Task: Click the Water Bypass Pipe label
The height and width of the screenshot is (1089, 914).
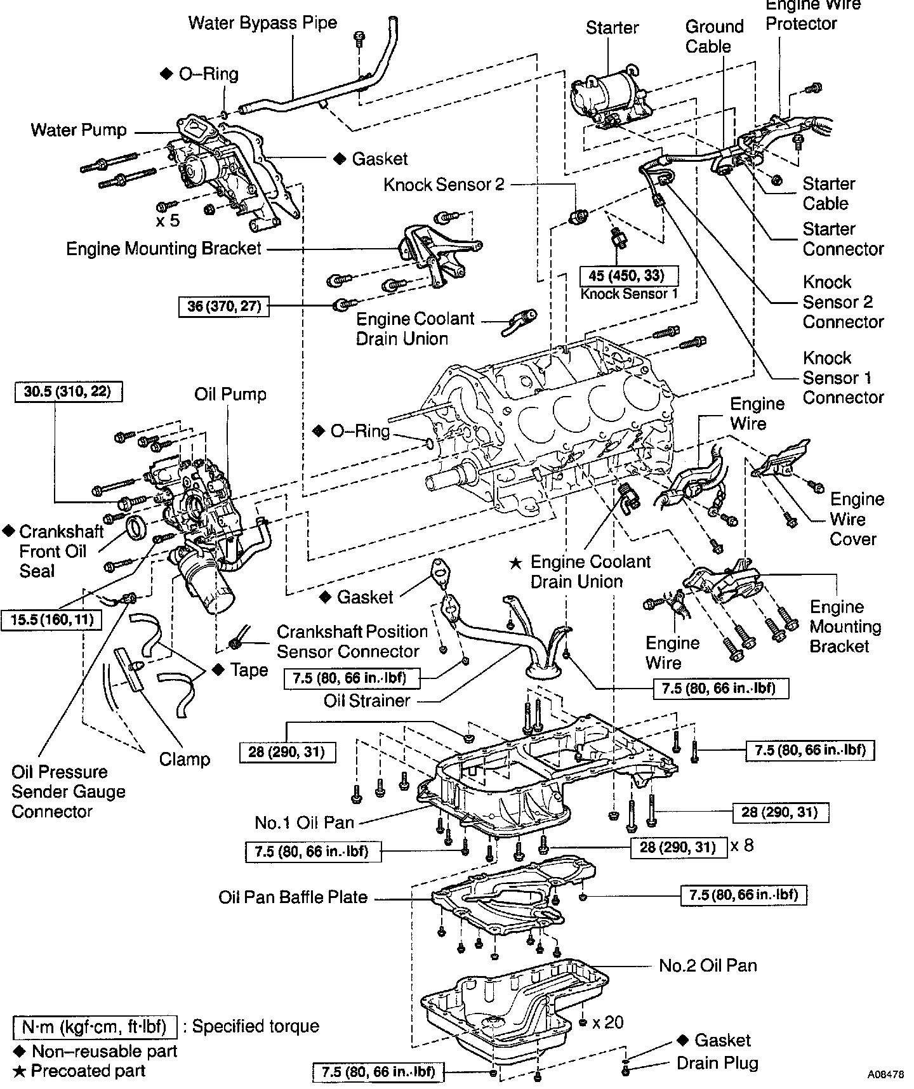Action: tap(263, 23)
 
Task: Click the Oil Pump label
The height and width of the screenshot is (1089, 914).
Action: tap(230, 394)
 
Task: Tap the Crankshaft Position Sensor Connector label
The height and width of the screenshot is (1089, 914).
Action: tap(352, 641)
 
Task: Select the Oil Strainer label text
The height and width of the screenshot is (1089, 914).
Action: tap(367, 701)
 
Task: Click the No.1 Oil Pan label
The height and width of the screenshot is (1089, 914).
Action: tap(304, 822)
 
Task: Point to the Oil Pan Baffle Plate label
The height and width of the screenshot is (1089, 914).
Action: tap(293, 897)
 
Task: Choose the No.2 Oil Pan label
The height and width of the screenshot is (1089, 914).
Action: tap(708, 965)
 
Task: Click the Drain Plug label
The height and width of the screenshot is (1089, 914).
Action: tap(717, 1062)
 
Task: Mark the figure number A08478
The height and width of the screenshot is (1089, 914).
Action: tap(886, 1075)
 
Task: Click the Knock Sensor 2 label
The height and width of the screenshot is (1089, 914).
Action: tap(444, 185)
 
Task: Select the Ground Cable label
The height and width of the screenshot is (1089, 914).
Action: tap(714, 36)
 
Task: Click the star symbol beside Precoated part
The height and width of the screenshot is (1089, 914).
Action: tap(20, 1071)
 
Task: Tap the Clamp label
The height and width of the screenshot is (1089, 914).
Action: tap(185, 759)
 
